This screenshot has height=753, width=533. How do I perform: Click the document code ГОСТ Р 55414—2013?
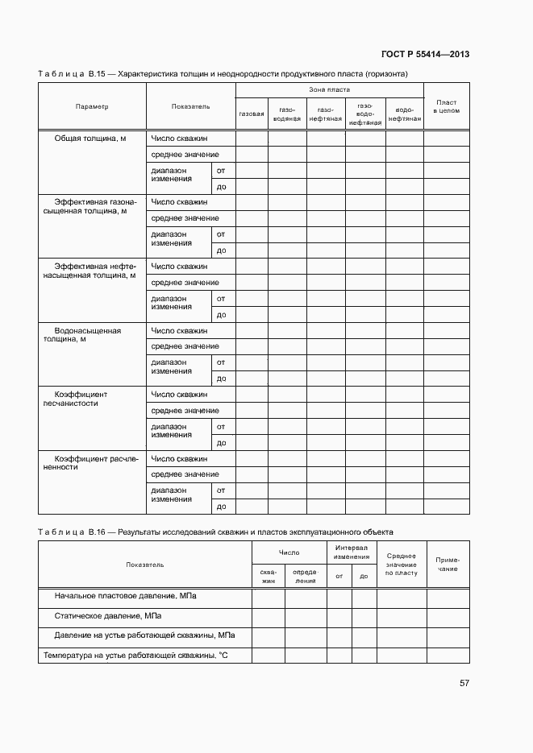pos(425,55)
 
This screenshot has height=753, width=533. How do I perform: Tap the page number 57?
pos(464,683)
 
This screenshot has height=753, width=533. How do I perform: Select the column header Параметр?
pos(92,106)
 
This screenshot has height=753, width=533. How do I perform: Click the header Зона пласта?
pos(329,89)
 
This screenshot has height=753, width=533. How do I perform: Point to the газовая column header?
pos(252,114)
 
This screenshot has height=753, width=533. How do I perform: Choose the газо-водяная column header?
pos(287,114)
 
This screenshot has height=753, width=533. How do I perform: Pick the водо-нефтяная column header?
pos(404,114)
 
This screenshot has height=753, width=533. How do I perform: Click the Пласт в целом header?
pos(446,106)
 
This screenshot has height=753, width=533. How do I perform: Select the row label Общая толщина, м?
pos(90,139)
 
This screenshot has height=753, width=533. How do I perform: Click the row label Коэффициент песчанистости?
pos(81,398)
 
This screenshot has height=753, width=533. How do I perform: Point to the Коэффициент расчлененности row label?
pos(90,462)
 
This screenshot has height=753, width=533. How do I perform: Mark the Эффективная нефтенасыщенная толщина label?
pos(90,271)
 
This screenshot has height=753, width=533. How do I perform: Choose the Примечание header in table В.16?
pos(448,565)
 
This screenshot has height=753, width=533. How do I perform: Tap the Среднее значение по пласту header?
pos(401,565)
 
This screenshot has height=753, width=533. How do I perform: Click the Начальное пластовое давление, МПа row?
pos(125,597)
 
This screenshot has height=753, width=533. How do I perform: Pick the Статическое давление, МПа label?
pos(107,616)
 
